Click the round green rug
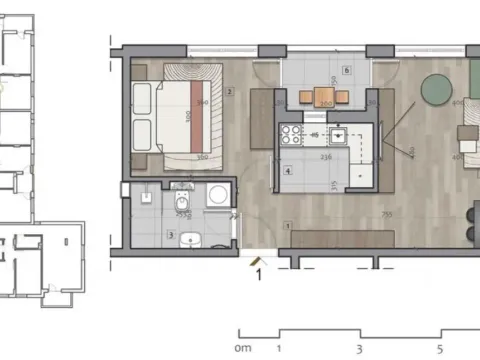pos(436,90)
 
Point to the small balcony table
pos(322,96)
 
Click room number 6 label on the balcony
pos(346,71)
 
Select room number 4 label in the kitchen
pos(287,171)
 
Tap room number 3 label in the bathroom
pos(171,236)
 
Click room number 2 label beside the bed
pos(230,92)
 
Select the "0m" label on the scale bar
pos(241,349)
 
